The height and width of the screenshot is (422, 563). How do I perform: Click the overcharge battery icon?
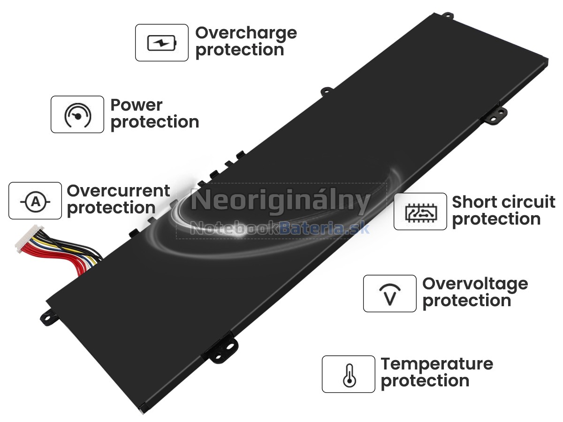[162, 43]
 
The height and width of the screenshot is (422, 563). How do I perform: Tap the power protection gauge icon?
[77, 115]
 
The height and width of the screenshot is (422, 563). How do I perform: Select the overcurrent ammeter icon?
[35, 202]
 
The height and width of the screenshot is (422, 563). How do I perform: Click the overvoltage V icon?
[390, 294]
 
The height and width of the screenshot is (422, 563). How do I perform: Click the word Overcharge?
[246, 34]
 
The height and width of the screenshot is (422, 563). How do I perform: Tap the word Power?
[137, 105]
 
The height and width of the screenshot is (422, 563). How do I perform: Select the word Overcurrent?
[119, 191]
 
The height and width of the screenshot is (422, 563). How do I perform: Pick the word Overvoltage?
[475, 285]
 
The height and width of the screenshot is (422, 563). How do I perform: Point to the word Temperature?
[437, 365]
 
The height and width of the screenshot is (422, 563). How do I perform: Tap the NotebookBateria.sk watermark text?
[280, 228]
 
